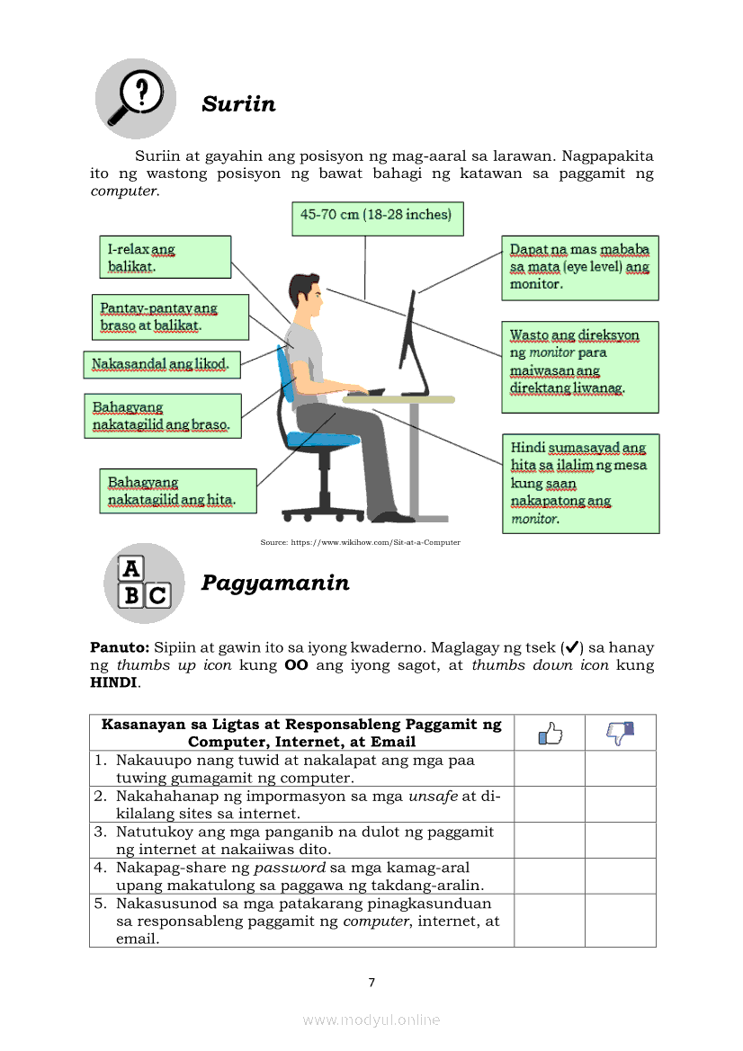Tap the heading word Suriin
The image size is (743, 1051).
(238, 104)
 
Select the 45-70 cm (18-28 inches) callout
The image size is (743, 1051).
(377, 218)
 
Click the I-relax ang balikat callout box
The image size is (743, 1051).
(164, 257)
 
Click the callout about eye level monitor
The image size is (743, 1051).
(579, 267)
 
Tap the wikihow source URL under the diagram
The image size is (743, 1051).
(360, 542)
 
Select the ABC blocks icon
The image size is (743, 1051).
(144, 583)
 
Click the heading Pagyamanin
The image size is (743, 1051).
(275, 583)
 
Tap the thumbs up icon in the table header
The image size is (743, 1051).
(550, 734)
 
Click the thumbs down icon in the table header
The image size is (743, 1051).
(621, 734)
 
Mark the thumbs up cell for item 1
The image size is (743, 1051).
(550, 769)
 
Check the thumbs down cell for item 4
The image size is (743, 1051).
(621, 876)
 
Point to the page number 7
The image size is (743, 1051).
(371, 982)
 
